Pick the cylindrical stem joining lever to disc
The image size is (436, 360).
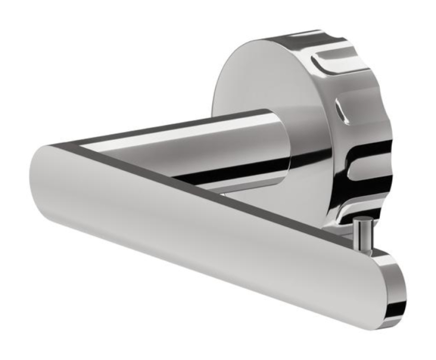tap(218, 145)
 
